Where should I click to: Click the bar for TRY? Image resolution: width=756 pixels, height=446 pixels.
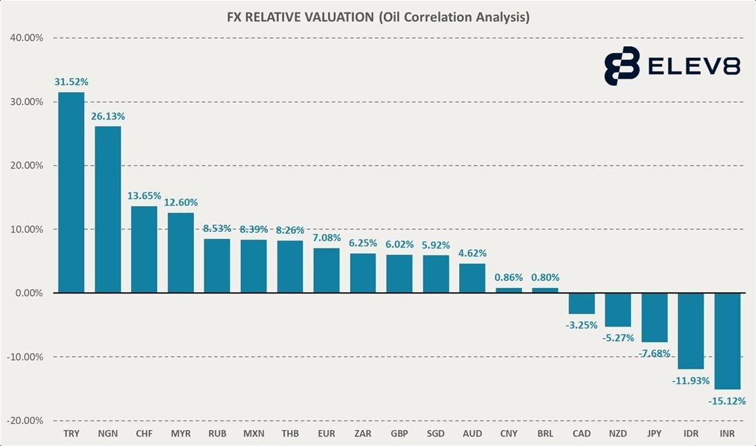[71, 193]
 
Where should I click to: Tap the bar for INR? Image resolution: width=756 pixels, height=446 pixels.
[727, 341]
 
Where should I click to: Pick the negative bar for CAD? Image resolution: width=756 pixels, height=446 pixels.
[581, 304]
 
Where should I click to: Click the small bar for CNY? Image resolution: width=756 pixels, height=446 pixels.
[509, 291]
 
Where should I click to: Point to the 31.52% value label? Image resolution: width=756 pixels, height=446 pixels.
[71, 82]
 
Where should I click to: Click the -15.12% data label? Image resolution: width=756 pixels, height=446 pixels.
[727, 400]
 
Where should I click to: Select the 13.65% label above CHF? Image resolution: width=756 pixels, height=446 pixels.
[144, 196]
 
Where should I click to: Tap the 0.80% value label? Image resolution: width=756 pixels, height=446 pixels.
[545, 278]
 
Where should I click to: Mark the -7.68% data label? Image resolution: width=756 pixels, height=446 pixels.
[654, 353]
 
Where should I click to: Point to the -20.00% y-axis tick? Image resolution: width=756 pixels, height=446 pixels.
[25, 420]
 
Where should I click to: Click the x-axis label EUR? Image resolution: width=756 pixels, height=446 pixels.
[326, 434]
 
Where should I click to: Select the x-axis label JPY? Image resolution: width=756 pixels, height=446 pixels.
[654, 434]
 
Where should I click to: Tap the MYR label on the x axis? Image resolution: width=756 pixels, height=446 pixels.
[180, 434]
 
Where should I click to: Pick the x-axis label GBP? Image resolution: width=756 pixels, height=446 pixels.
[398, 434]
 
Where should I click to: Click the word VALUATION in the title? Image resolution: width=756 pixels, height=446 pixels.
[327, 17]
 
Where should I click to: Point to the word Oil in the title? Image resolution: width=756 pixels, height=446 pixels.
[393, 17]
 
